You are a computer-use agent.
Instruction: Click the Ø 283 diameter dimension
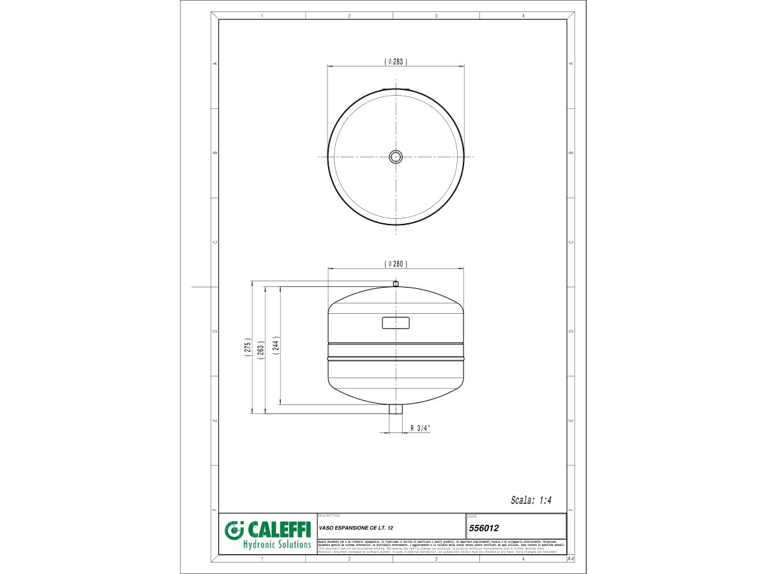pos(396,61)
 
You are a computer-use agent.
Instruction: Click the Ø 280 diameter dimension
pos(396,263)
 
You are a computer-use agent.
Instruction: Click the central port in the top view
pos(396,156)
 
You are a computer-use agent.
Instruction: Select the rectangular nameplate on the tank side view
pos(396,323)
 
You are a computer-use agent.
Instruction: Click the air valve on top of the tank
pos(396,283)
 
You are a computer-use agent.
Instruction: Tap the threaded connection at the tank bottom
pos(396,409)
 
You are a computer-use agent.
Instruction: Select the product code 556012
pos(483,528)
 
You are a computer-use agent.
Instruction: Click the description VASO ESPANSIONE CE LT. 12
pos(356,528)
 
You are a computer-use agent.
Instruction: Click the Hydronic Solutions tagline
pos(277,545)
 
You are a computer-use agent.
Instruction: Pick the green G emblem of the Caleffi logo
pos(235,531)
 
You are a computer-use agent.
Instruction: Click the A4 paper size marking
pos(571,559)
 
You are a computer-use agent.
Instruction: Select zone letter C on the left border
pos(215,242)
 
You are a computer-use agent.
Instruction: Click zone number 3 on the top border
pos(436,15)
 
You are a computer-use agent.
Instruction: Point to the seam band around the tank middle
pos(396,351)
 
